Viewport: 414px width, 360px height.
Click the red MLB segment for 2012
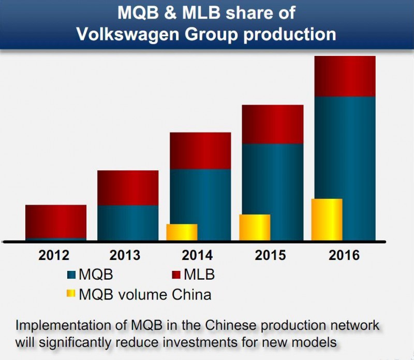[x=56, y=221]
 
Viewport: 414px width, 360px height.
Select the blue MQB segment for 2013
[x=128, y=223]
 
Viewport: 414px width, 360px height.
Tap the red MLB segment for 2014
[x=200, y=150]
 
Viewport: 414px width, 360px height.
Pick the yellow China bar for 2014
[x=182, y=232]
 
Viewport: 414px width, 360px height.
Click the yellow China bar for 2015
[x=255, y=227]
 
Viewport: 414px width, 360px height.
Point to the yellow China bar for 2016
[x=327, y=219]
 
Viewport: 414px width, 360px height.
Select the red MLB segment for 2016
[x=345, y=76]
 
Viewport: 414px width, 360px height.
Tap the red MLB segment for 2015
[x=273, y=124]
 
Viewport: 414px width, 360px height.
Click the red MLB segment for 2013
[x=128, y=188]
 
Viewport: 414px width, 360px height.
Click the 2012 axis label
[x=54, y=255]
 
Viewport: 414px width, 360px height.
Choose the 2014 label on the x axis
[x=197, y=255]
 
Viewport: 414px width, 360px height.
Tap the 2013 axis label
[x=125, y=255]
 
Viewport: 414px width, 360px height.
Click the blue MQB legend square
[x=71, y=273]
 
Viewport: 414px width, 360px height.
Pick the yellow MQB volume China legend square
[x=71, y=294]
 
